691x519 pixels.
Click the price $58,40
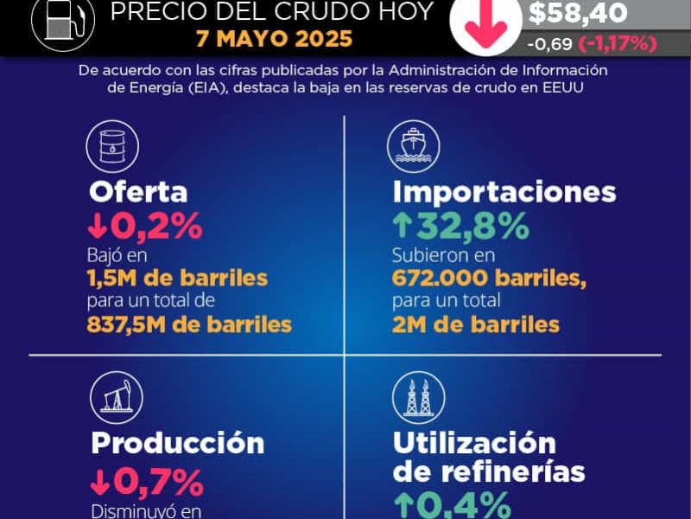coord(578,13)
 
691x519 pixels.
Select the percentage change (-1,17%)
coord(618,42)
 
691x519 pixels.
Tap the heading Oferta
coord(137,191)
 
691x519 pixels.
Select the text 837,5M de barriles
coord(189,324)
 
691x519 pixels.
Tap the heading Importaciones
coord(504,191)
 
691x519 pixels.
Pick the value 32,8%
coord(472,227)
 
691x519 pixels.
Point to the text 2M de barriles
coord(476,324)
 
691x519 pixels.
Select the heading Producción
coord(178,442)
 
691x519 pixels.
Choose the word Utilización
coord(474,442)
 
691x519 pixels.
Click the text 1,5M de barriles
coord(177,279)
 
